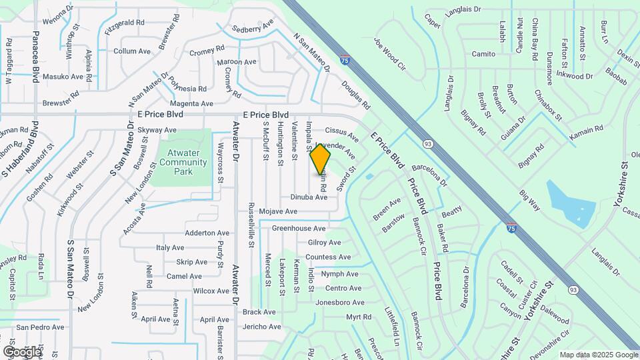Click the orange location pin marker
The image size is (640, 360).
point(320,159)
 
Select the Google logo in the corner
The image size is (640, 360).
point(22,351)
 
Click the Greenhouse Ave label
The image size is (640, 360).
point(298,228)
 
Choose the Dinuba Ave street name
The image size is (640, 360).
point(309,197)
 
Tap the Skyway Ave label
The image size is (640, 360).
point(157,130)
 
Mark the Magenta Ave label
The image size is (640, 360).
point(191,103)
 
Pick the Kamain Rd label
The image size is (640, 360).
point(586,127)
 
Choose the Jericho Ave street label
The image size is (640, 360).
point(262,327)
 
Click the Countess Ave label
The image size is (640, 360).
point(328,257)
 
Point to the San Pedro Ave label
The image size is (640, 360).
point(41,327)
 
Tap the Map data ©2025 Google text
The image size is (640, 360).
point(598,355)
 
